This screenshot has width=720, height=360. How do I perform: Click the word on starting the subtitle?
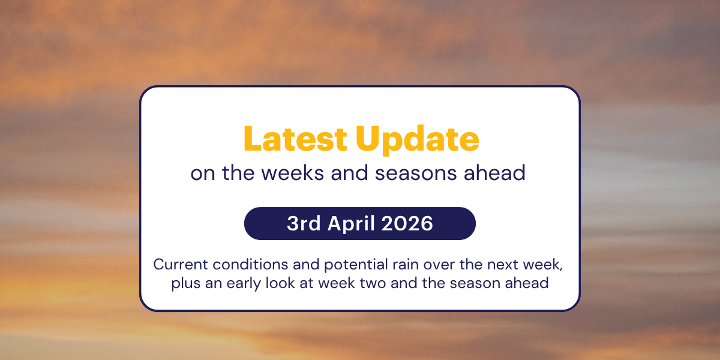coord(203,173)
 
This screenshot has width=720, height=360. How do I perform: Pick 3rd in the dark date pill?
coord(304,224)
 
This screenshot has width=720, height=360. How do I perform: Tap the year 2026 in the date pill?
coord(410,224)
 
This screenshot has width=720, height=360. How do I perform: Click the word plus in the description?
coord(184,283)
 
